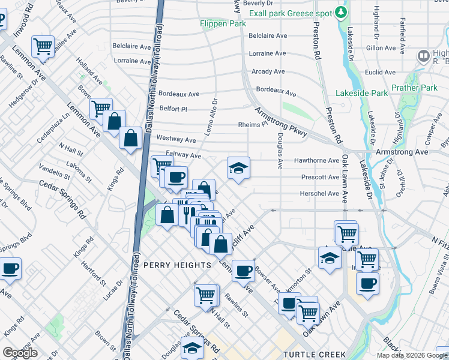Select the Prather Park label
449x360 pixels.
pos(414,88)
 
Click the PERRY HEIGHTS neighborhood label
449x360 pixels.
pos(177,265)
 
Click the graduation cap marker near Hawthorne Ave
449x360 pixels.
pos(238,168)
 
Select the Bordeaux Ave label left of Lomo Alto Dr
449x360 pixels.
pos(179,94)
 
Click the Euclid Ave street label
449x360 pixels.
pos(381,72)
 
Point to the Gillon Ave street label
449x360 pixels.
pos(381,47)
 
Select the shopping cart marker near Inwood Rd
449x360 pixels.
pos(43,46)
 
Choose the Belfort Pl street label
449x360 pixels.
pos(173,109)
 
